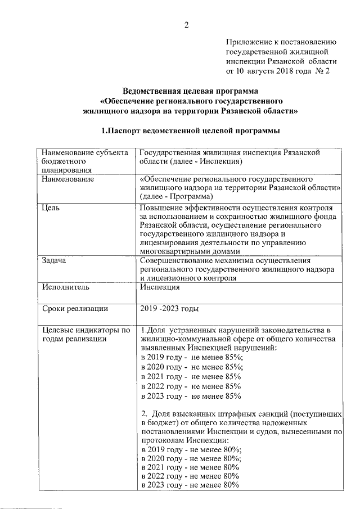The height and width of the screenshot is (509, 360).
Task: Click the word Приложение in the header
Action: pyautogui.click(x=248, y=41)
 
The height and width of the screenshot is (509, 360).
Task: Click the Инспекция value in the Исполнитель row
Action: pyautogui.click(x=160, y=287)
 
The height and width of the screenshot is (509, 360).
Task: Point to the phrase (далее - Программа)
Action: pyautogui.click(x=177, y=197)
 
